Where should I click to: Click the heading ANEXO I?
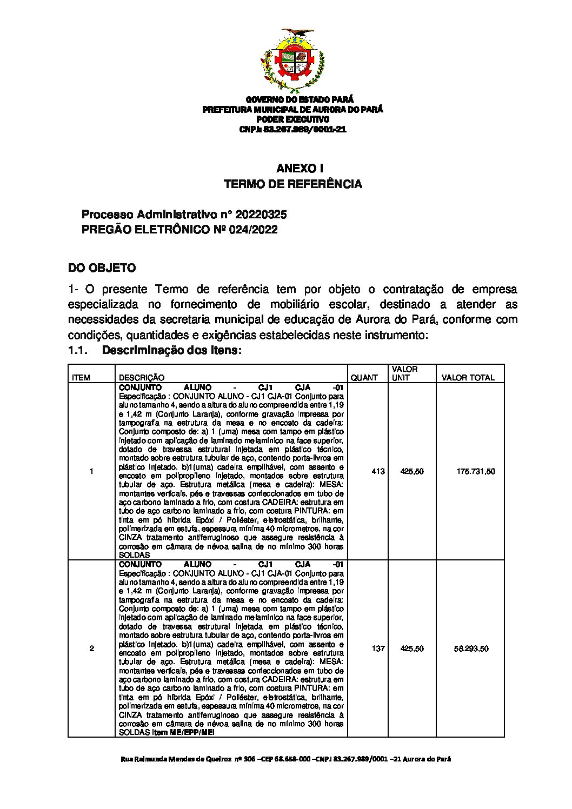coord(292,169)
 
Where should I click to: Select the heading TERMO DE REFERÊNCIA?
coord(292,184)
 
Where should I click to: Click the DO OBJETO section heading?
coord(102,268)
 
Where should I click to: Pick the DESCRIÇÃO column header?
coord(142,378)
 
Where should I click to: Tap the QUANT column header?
coord(364,378)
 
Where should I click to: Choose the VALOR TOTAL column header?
coord(468,378)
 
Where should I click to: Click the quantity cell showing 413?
coord(378,471)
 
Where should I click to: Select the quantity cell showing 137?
coord(378,648)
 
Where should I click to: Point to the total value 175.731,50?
coord(475,471)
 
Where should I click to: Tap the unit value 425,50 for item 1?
coord(412,471)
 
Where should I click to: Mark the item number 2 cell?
coord(91,648)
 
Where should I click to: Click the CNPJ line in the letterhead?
coord(292,130)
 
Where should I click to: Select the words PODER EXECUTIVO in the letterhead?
coord(292,119)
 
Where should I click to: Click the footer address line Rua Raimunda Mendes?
coord(285,759)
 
